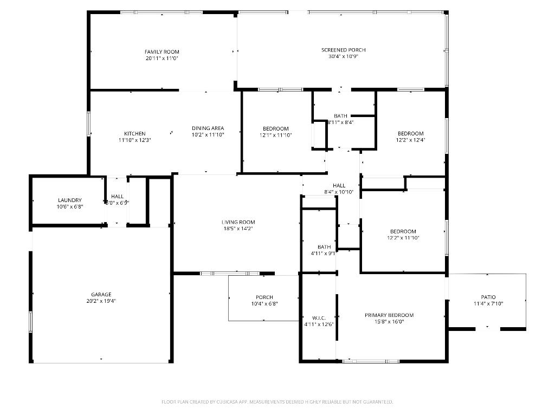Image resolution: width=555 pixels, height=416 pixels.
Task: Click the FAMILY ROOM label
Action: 162,51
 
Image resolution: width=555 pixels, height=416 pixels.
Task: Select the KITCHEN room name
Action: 134,133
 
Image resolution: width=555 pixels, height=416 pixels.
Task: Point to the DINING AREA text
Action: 208,128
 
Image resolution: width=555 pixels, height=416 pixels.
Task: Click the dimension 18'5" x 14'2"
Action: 238,229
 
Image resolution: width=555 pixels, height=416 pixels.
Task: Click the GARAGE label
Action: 101,295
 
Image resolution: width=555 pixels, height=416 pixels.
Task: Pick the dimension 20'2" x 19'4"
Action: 101,301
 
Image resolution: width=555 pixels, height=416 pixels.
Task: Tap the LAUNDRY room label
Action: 70,200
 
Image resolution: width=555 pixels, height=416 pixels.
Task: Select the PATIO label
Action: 488,297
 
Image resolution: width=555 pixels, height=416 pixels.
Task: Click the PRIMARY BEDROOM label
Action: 389,315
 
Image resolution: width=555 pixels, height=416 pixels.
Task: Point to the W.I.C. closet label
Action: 319,317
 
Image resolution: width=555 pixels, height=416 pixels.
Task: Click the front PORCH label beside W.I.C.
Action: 264,297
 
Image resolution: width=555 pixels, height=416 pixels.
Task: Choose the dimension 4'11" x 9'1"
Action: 324,253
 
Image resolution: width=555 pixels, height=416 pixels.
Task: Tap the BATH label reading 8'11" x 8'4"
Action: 340,116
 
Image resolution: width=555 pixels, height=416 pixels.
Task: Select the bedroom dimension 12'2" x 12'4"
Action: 410,140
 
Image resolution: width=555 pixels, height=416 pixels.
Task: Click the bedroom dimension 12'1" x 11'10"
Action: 276,135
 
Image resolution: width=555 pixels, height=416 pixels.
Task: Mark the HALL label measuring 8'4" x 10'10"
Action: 339,186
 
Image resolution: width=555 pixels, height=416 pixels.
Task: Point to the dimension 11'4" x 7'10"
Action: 488,304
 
